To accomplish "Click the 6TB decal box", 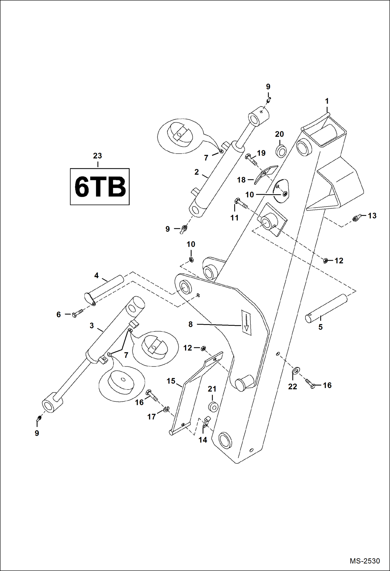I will (100, 186).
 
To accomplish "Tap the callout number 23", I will (97, 156).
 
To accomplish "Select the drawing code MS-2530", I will (364, 561).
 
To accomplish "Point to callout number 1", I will (327, 101).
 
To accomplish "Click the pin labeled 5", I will (326, 308).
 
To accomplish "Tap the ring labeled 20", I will (281, 152).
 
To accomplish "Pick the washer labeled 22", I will (296, 370).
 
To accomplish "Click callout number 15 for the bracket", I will (171, 381).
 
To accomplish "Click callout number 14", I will (203, 440).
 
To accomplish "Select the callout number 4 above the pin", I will (97, 275).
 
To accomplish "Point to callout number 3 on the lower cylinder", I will (92, 325).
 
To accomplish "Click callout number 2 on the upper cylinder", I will (197, 172).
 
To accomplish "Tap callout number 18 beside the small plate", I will (241, 180).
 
